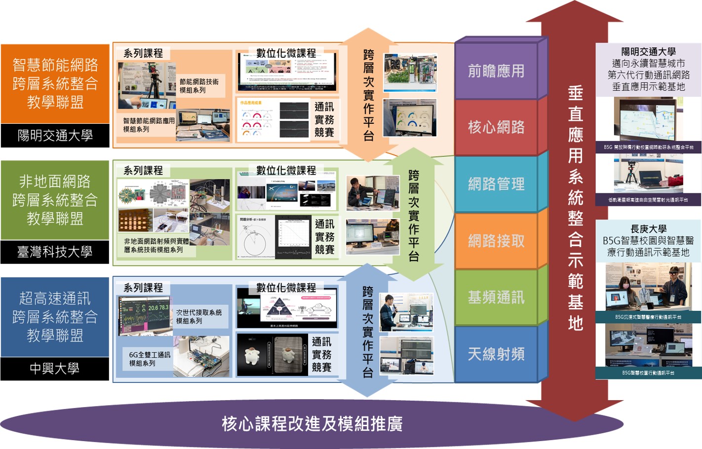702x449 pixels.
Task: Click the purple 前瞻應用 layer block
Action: coord(496,71)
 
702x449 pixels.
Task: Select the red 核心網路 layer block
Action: coord(496,127)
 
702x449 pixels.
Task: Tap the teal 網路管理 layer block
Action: coord(496,184)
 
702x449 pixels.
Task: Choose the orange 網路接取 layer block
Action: coord(496,241)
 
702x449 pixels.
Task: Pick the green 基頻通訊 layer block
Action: coord(496,298)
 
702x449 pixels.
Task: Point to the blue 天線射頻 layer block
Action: coord(496,354)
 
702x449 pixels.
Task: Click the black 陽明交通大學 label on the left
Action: coord(55,136)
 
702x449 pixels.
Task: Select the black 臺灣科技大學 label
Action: coord(55,252)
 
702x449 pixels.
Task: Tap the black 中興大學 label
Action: coord(55,369)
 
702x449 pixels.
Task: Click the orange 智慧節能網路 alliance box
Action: coord(55,83)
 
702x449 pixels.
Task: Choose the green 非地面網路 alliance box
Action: coord(55,200)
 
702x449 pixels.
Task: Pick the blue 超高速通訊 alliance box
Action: coord(55,317)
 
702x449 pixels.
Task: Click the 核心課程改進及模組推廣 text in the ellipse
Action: coord(312,423)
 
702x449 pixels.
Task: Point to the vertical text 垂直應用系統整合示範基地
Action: coord(575,207)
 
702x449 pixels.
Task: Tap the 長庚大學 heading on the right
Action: coord(648,229)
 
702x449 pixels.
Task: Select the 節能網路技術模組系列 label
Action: coord(199,86)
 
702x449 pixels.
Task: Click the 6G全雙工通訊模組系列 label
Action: coord(150,359)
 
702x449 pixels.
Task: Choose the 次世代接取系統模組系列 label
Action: coord(199,316)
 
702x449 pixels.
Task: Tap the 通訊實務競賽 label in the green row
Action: coord(324,237)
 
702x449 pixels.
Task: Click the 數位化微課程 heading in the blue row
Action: coord(286,287)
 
